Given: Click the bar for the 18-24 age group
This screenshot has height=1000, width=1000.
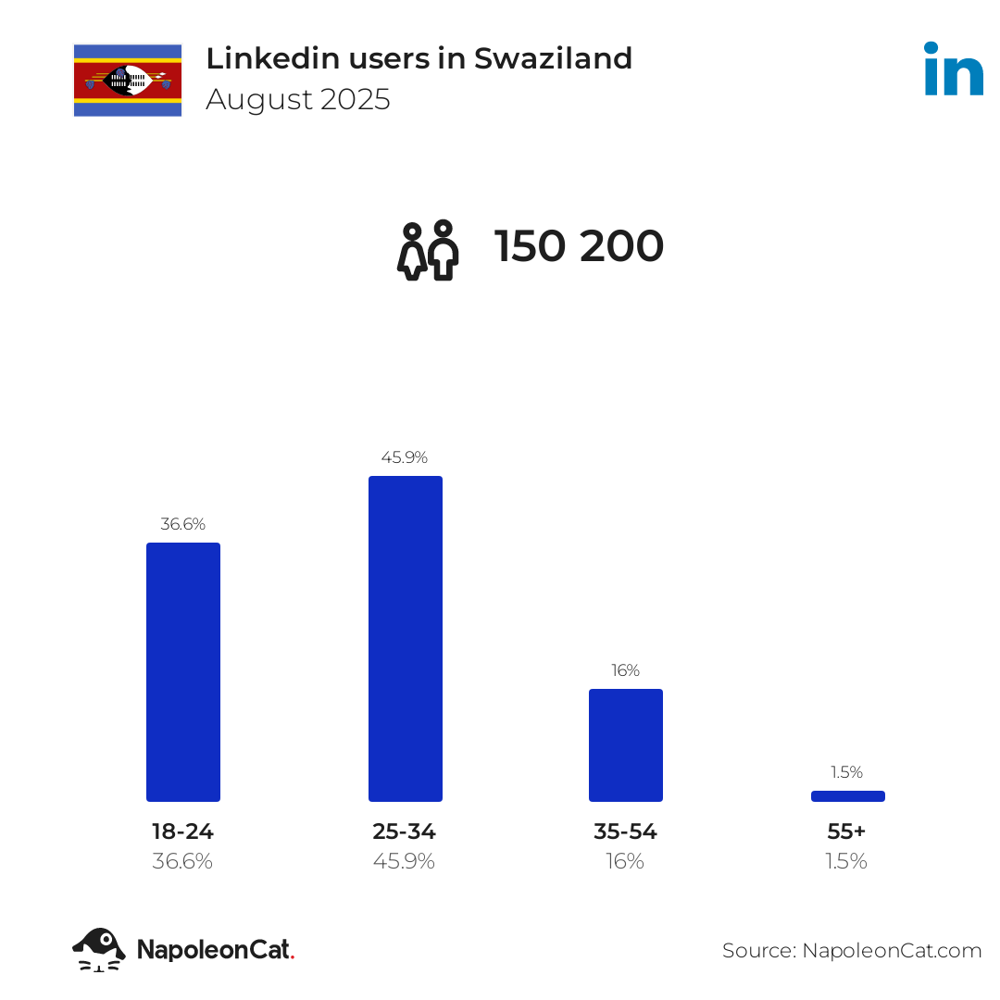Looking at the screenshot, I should pos(183,671).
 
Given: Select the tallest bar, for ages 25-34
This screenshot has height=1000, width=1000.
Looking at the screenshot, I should pos(406,638).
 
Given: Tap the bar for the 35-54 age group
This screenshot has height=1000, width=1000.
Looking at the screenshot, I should pos(626,744).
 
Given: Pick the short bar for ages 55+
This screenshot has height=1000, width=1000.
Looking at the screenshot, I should pos(847,796).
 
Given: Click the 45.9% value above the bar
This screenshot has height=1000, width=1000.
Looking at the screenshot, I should pos(405,457).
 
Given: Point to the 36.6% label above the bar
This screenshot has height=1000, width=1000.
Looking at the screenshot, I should pos(183,524).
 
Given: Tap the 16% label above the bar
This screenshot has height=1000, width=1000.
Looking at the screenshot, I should pos(626,670).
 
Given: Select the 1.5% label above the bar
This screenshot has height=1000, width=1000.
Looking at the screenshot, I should pos(847,772).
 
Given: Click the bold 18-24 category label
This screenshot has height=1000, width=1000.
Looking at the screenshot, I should pos(183,831).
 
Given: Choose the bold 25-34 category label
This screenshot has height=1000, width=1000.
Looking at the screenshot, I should pos(405,831).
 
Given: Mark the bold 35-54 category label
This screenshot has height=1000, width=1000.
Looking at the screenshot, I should pos(626,831).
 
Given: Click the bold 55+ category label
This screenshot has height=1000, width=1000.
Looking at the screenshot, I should pos(847,831).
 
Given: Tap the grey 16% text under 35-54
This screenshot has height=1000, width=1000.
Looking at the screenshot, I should pos(626,861).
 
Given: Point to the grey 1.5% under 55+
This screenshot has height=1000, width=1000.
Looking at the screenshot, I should pos(847,861).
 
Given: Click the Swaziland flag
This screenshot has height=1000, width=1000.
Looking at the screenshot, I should pos(128,80).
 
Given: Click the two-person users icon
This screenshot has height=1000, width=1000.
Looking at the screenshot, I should pos(428,250).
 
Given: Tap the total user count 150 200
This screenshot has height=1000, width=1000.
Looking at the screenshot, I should pos(579,247).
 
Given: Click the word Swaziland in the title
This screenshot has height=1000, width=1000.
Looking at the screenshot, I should pos(553,58).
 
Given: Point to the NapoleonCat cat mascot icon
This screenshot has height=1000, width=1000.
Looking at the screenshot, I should pos(99,949).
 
